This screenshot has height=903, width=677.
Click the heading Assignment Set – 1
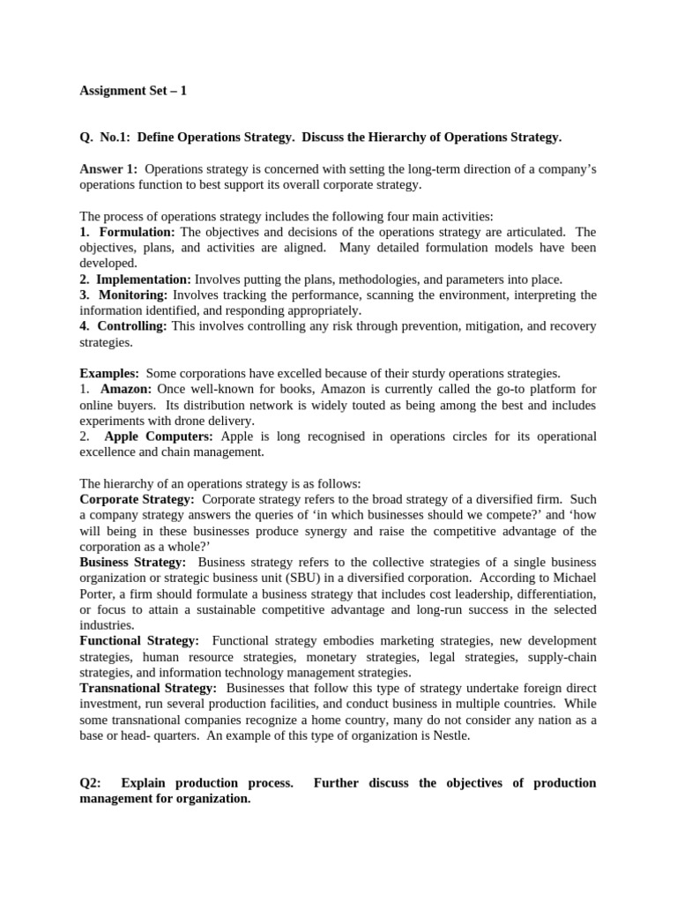click(133, 90)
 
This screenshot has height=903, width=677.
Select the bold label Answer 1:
click(108, 168)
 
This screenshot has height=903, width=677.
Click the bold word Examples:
click(109, 373)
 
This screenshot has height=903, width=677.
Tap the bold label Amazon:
click(126, 389)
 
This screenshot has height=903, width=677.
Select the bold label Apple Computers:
click(159, 437)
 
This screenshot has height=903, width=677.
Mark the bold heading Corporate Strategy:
click(137, 499)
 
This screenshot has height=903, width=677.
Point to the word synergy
click(326, 531)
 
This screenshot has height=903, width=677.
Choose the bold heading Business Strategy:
click(133, 563)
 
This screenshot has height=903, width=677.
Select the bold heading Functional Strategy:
click(139, 640)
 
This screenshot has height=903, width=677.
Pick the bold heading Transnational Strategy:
click(148, 688)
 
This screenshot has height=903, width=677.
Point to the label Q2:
click(91, 783)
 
